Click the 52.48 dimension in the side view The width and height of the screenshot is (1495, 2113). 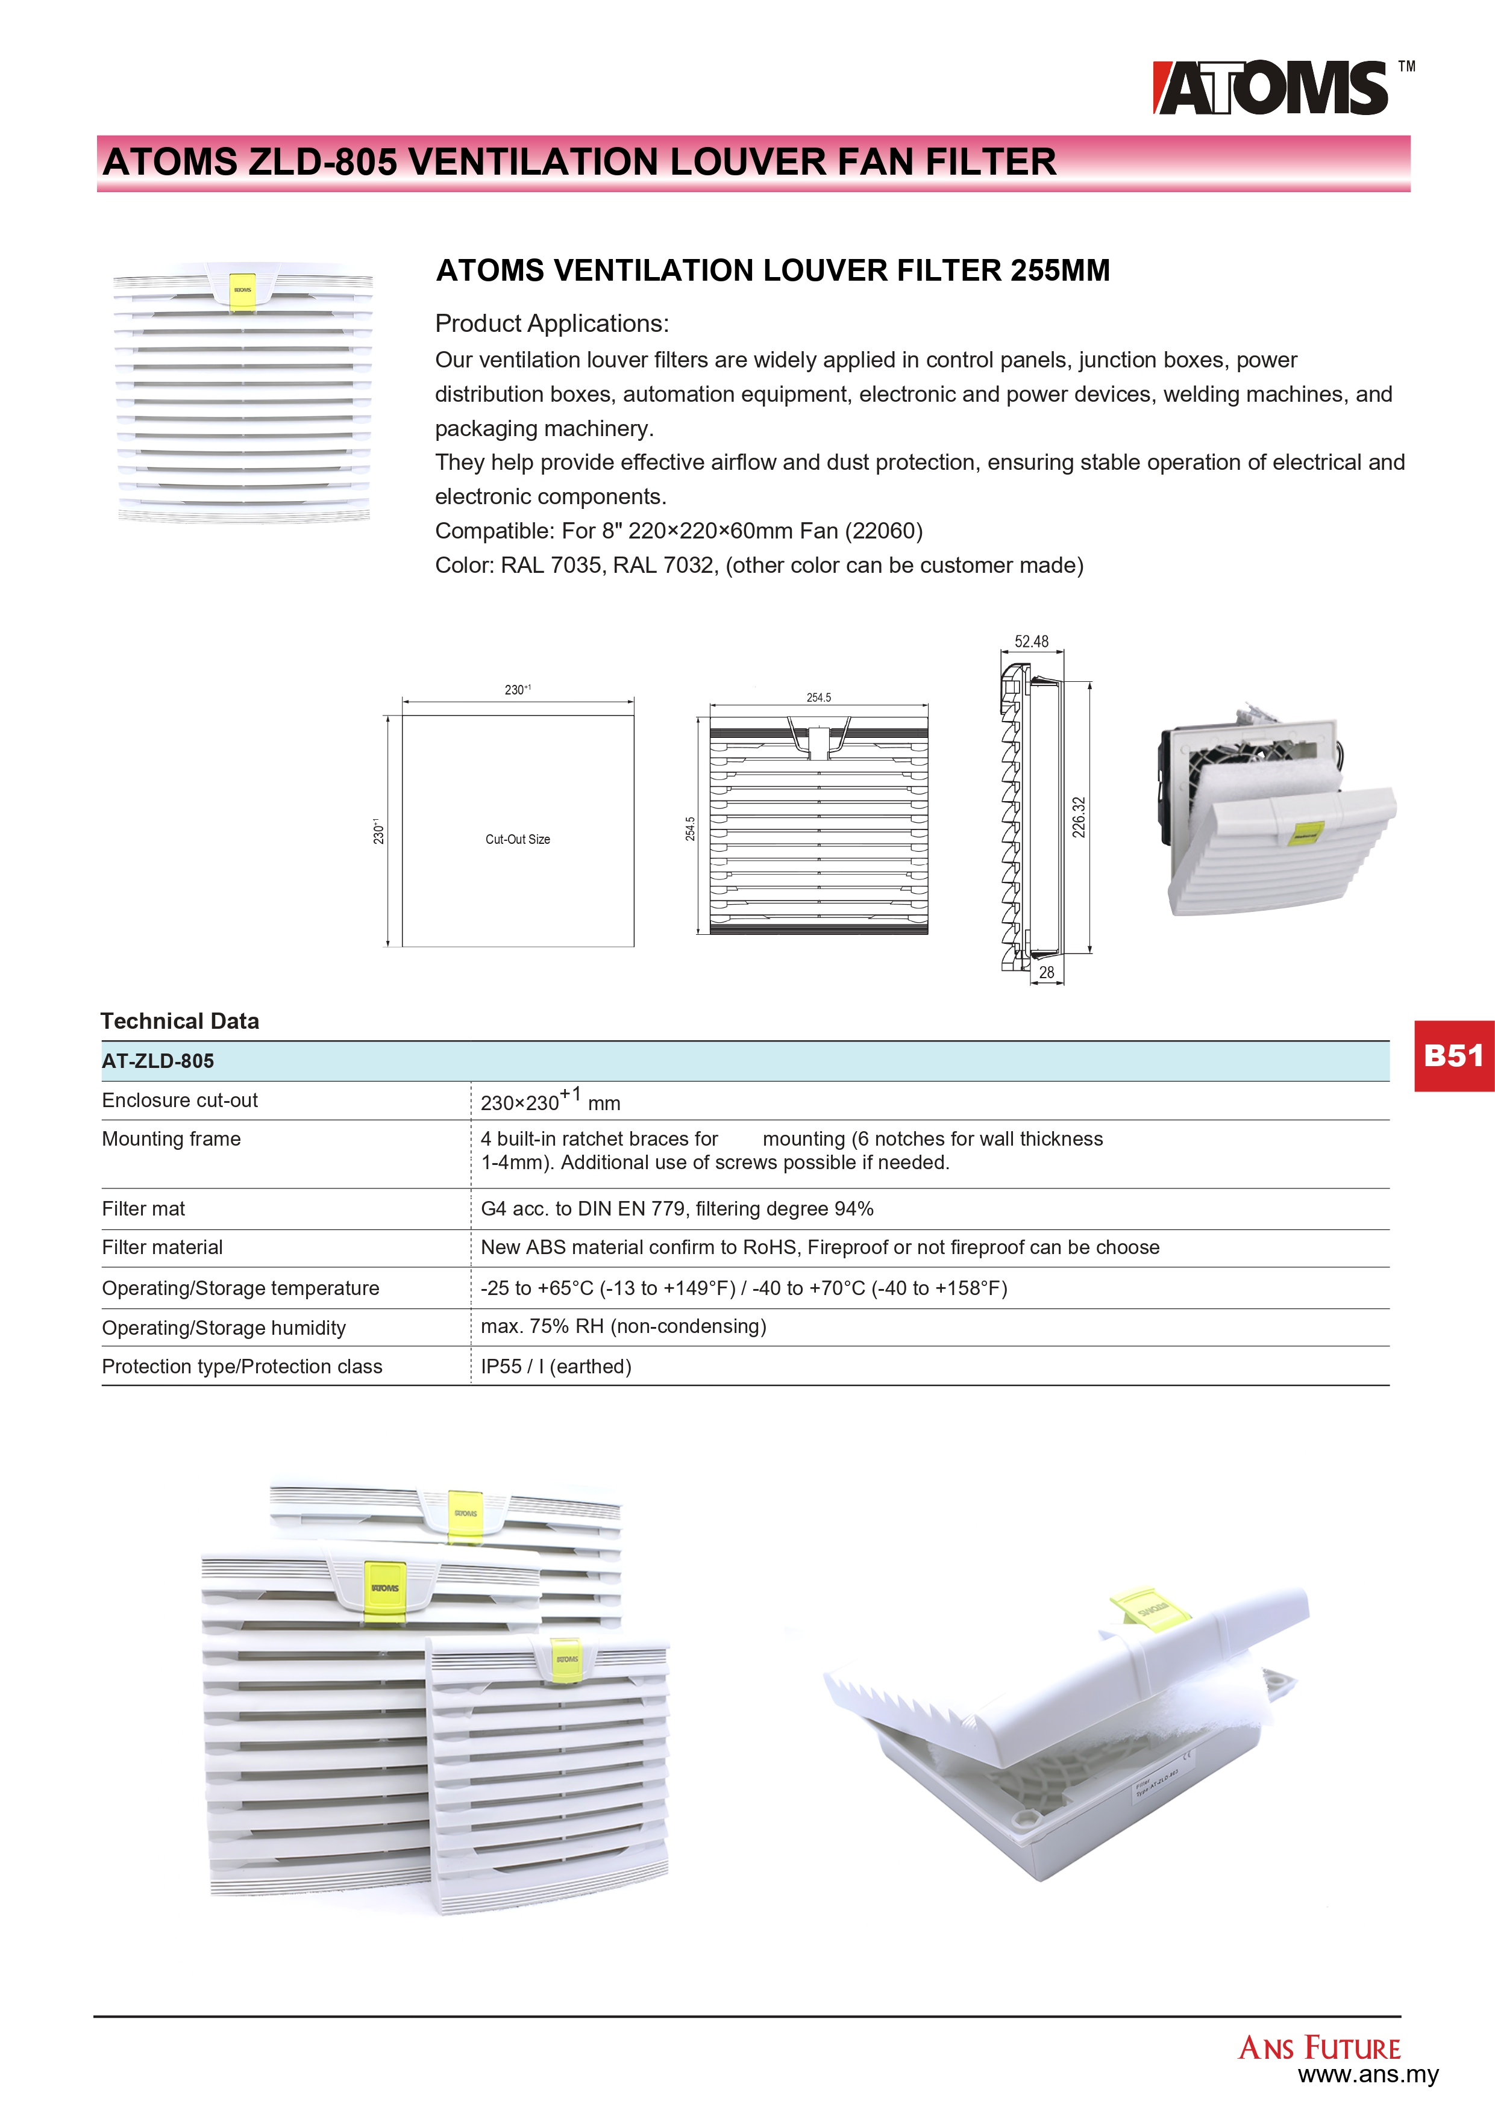(1031, 641)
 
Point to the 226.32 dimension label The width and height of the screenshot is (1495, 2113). (1079, 817)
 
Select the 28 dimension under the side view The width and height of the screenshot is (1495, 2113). (1047, 972)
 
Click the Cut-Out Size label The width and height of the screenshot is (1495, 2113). (518, 839)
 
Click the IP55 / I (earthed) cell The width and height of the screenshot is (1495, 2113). (556, 1367)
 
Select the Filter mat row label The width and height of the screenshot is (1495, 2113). (143, 1208)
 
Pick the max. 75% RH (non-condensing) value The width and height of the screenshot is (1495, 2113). (623, 1326)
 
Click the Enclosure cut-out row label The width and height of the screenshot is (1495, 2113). (180, 1100)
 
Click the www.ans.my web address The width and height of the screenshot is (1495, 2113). (1368, 2074)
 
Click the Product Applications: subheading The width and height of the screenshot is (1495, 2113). (551, 324)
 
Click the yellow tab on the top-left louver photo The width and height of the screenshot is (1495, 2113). (242, 291)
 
